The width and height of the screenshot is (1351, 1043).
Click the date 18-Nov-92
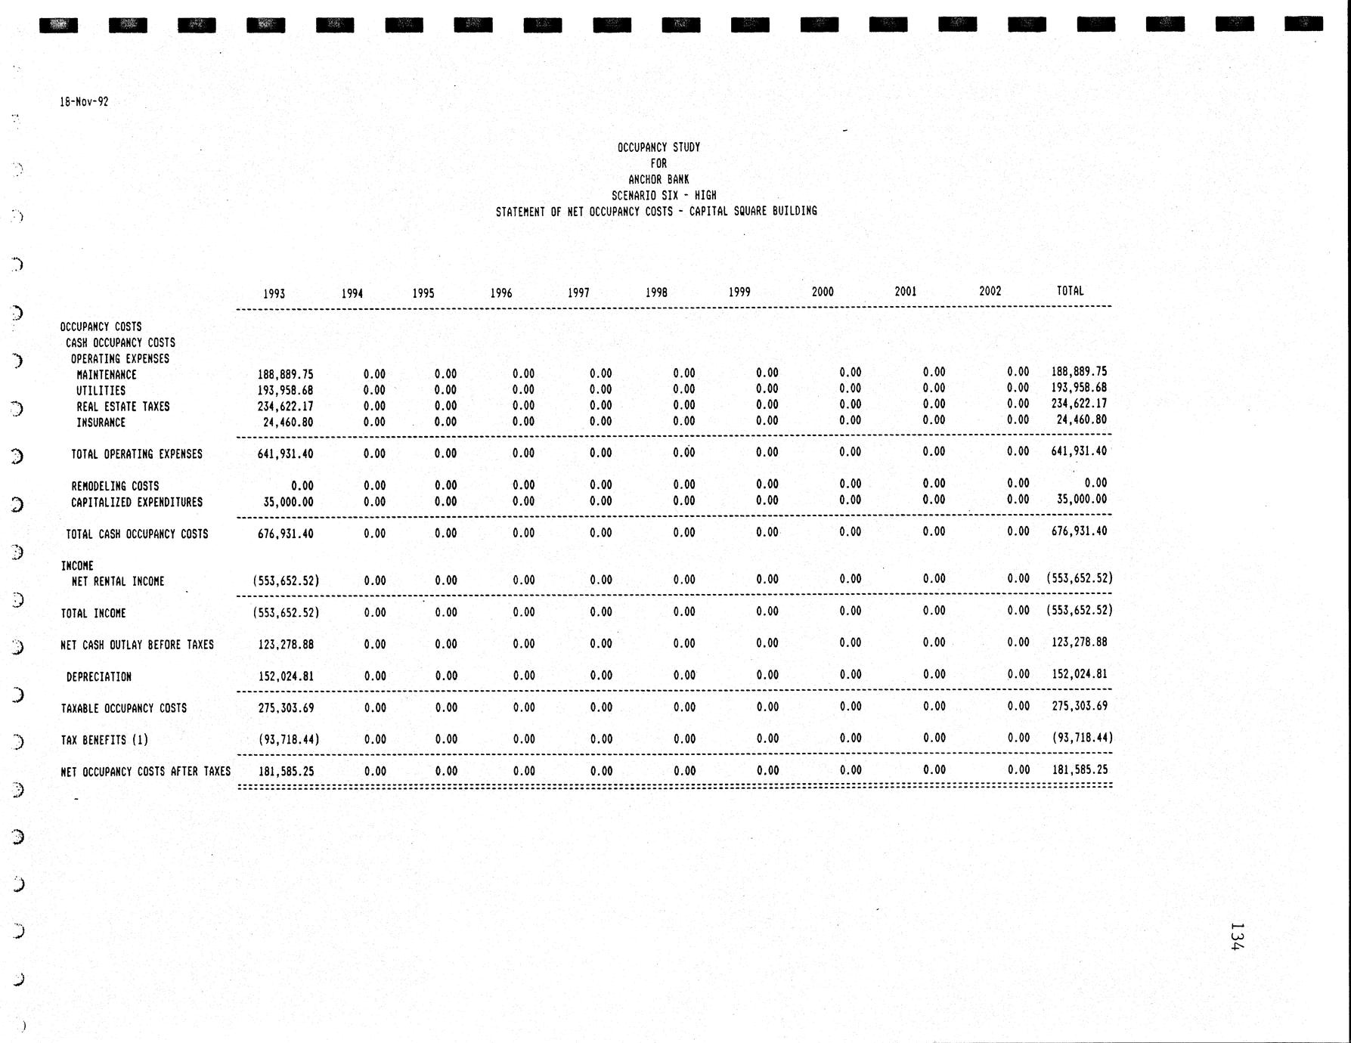[84, 102]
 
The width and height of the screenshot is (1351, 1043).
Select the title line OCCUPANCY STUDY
[658, 147]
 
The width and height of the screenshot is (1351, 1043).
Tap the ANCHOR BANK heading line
[658, 180]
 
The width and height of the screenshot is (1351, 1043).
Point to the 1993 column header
[274, 294]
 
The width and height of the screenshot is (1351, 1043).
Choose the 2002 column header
[990, 291]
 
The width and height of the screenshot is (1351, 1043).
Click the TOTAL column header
[1070, 291]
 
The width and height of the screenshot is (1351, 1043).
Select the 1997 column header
[578, 293]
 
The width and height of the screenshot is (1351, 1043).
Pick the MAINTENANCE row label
[107, 375]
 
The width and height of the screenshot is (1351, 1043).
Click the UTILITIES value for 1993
[285, 391]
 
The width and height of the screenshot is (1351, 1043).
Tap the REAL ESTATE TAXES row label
[122, 407]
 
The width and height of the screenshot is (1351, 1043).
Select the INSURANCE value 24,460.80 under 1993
[288, 422]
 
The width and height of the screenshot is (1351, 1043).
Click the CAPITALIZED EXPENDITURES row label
[137, 503]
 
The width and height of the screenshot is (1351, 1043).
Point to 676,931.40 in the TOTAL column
[1079, 531]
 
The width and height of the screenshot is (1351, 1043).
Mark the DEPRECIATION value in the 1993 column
[286, 676]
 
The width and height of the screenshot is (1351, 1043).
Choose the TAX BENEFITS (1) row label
[104, 741]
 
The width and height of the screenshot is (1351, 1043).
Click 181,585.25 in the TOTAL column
[1080, 770]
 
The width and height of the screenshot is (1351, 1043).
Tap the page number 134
[1237, 936]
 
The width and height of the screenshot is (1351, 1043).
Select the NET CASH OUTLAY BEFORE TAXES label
[137, 645]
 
